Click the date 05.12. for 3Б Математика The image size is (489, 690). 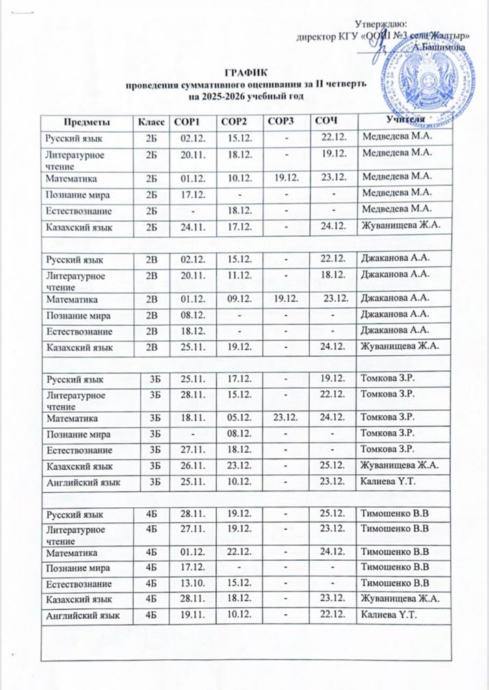pyautogui.click(x=234, y=417)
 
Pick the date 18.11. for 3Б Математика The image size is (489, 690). pyautogui.click(x=187, y=417)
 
